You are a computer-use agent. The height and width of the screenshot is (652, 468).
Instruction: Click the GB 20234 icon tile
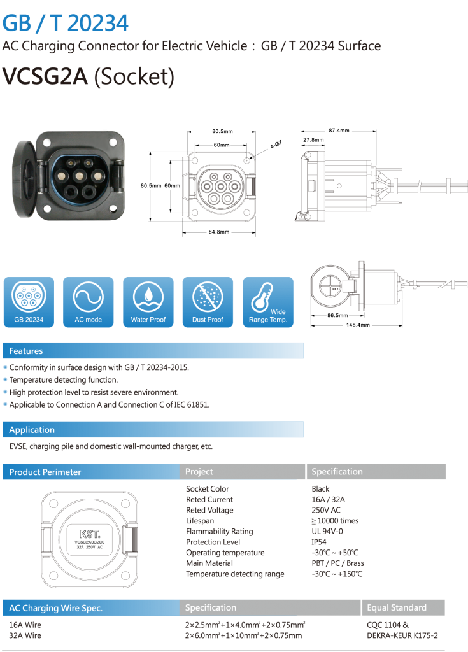[29, 302]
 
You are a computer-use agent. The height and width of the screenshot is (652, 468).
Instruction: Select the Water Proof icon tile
[148, 302]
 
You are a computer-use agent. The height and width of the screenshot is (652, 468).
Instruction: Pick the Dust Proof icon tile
[208, 302]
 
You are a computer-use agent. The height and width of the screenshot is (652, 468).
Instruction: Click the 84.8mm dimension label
[219, 232]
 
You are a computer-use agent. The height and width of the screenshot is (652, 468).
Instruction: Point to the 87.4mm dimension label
[339, 131]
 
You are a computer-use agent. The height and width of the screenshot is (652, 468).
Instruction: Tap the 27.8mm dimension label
[313, 140]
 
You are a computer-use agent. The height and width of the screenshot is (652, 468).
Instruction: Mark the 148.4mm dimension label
[358, 325]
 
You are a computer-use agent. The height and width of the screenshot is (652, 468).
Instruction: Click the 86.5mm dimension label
[337, 315]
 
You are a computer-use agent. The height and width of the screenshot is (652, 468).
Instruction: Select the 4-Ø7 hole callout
[276, 145]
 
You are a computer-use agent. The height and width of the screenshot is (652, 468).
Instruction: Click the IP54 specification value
[319, 542]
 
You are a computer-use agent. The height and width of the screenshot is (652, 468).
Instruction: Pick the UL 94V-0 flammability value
[327, 532]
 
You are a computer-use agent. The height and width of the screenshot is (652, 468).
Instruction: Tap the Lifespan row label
[200, 521]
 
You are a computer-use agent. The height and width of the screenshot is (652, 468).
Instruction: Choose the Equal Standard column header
[397, 607]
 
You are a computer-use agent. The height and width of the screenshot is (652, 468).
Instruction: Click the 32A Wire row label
[25, 635]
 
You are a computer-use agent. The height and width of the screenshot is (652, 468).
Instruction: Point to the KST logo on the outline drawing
[90, 534]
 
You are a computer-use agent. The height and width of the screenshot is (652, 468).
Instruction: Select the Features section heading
[26, 351]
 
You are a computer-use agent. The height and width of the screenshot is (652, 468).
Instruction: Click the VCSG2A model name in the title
[45, 76]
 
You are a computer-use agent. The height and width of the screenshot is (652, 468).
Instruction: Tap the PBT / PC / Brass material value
[338, 563]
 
